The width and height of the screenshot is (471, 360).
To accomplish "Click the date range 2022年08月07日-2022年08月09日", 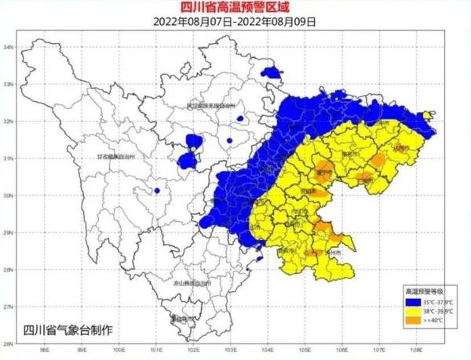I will click(x=235, y=22).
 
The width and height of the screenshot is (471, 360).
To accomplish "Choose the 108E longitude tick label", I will click(x=415, y=351).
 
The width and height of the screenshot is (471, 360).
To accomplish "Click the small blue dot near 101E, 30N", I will click(x=157, y=191).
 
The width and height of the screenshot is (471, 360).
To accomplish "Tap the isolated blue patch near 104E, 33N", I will click(x=272, y=73).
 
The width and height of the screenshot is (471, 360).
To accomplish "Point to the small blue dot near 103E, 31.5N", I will click(x=229, y=140).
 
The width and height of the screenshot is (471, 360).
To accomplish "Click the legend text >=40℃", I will click(x=433, y=319).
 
